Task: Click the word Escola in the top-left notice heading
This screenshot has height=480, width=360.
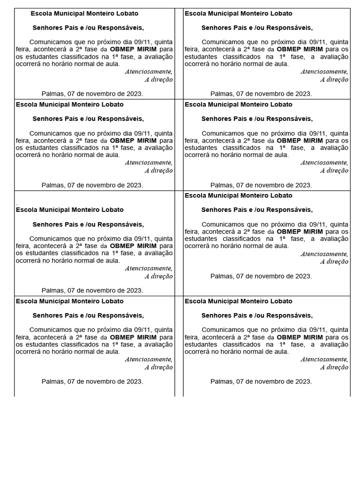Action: [40, 14]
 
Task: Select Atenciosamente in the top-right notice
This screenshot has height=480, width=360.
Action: [324, 72]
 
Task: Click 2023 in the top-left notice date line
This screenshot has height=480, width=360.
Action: [135, 94]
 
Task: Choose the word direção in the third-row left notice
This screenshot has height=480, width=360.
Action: [161, 277]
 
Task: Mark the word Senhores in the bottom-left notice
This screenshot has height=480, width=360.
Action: [47, 315]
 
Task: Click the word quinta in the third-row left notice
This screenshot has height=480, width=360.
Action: [162, 238]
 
